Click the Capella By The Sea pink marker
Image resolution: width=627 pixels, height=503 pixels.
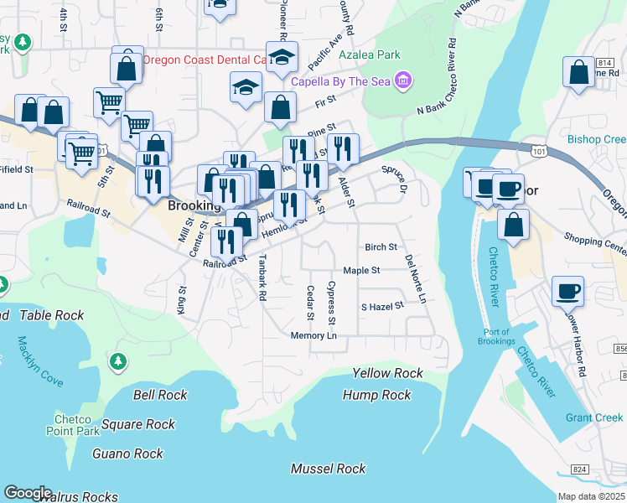pos(404,80)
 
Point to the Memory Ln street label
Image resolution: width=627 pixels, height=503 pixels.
pos(313,336)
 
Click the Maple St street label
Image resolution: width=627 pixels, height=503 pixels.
pos(362,271)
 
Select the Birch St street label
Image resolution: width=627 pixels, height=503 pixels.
pos(381,247)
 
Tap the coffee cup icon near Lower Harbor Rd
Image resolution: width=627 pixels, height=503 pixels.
pos(567,291)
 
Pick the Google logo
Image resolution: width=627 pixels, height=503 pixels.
pos(28,493)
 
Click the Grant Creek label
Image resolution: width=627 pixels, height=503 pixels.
pos(594,417)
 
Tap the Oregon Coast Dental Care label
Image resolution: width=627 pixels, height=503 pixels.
pos(205,60)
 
